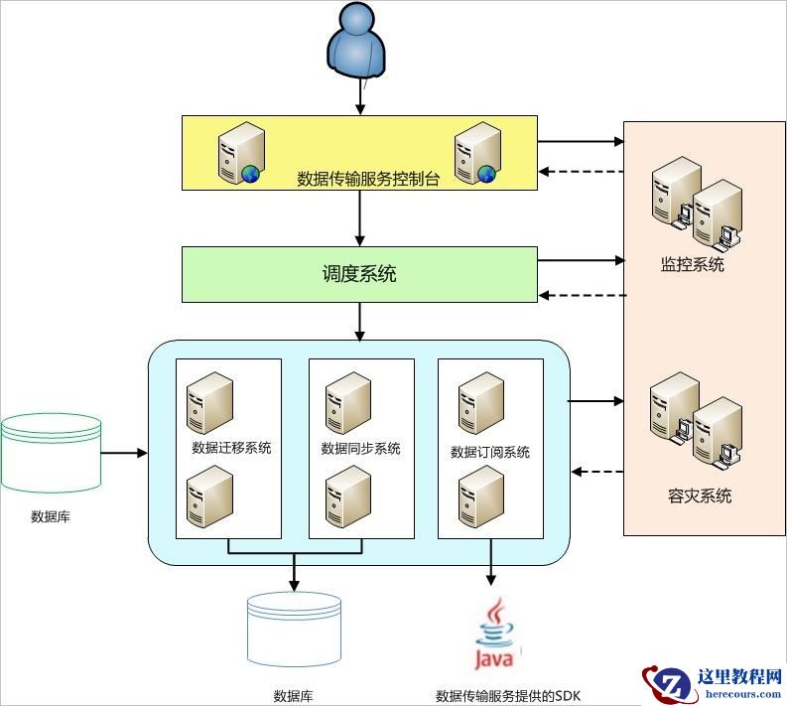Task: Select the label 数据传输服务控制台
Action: tap(368, 180)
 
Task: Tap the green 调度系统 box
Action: tap(358, 274)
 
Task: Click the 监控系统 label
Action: tap(693, 265)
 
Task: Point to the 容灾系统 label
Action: tap(700, 495)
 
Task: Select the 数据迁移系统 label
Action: tap(231, 448)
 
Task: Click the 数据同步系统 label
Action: tap(361, 449)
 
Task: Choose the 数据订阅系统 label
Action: tap(490, 453)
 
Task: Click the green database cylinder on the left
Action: tap(51, 453)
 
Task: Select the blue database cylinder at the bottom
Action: tap(294, 631)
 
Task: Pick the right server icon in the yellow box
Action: tap(475, 152)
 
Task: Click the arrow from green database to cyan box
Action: tap(124, 454)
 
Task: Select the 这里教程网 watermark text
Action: tap(740, 677)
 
